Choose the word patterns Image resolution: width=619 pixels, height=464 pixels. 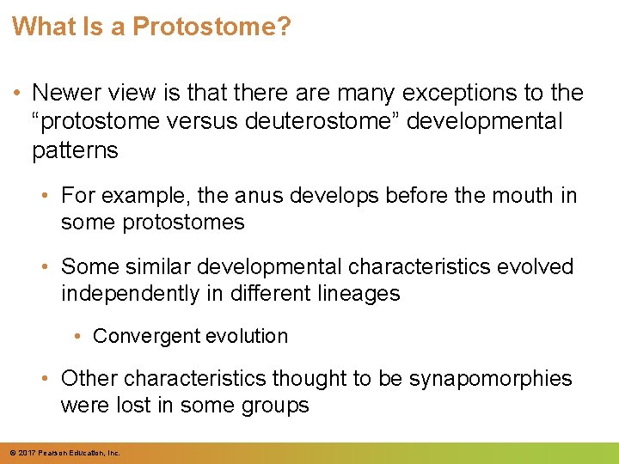point(75,150)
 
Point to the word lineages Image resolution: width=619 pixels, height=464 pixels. point(359,294)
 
